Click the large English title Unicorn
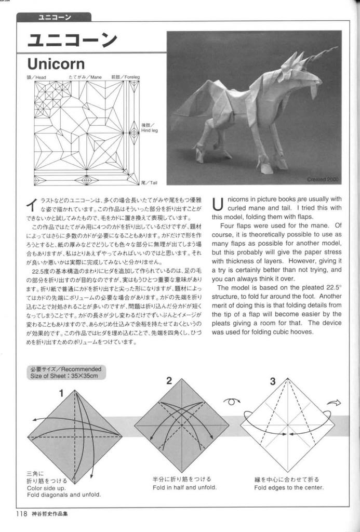56,64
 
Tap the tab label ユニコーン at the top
55,18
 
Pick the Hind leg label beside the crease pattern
149,128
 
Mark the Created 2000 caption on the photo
323,179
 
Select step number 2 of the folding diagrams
169,381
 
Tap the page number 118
21,515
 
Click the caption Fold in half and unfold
184,487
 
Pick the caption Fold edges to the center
289,487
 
